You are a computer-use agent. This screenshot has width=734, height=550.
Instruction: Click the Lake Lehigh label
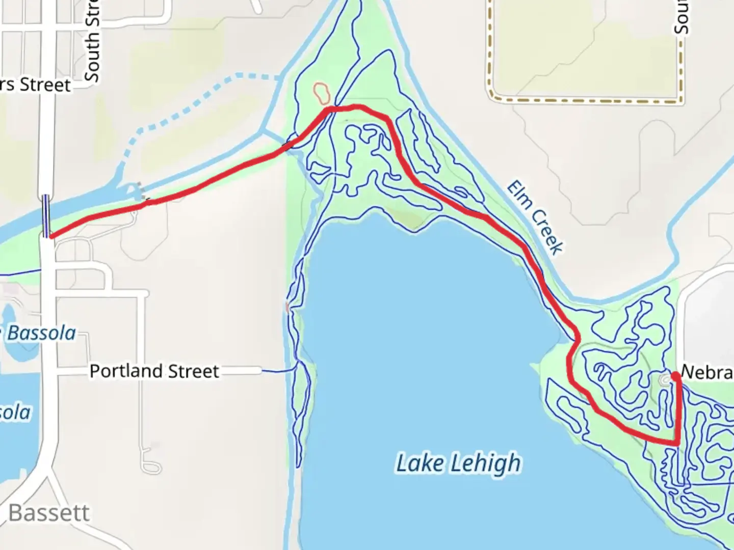click(x=458, y=463)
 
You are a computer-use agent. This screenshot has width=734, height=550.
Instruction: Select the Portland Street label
click(x=154, y=371)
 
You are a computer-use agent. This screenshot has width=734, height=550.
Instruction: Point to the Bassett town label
click(x=49, y=512)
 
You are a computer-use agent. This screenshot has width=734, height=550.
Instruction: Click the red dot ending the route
click(x=675, y=376)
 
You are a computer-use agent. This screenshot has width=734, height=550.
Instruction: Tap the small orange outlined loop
click(x=322, y=92)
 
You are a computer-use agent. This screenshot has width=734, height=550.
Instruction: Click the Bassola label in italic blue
click(x=41, y=333)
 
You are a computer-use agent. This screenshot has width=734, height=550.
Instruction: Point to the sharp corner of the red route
click(x=677, y=443)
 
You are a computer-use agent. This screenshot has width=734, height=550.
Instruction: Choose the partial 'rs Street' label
click(x=36, y=85)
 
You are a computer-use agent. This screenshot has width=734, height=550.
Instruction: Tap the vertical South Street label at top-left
click(x=92, y=41)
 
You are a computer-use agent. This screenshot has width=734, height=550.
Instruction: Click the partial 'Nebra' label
click(x=706, y=372)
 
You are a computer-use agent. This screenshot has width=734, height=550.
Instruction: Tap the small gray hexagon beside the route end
click(x=665, y=380)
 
